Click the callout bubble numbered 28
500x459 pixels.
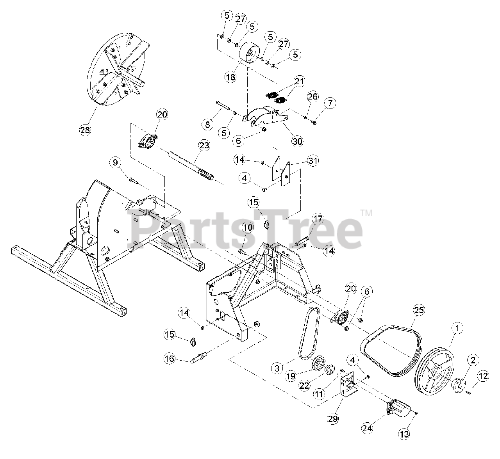[x=85, y=130]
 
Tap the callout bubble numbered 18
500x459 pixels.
[x=231, y=77]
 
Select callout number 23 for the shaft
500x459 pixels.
[x=204, y=146]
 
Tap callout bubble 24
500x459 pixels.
[x=367, y=428]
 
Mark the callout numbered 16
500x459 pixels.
[x=169, y=359]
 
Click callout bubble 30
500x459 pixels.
[x=298, y=141]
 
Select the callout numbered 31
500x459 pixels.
[x=313, y=160]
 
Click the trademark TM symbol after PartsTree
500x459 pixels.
[x=366, y=213]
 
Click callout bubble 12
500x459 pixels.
[x=483, y=377]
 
